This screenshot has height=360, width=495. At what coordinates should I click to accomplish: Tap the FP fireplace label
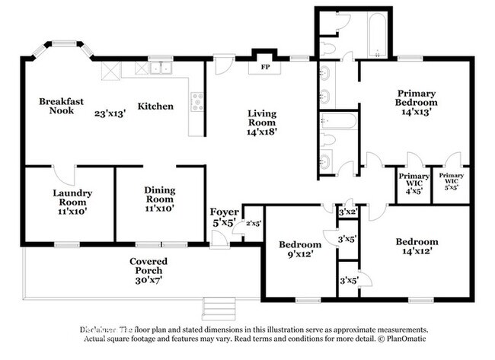pyautogui.click(x=266, y=67)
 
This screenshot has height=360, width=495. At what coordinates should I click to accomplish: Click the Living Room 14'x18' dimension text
pyautogui.click(x=262, y=131)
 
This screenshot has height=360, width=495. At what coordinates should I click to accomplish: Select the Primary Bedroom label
pyautogui.click(x=417, y=97)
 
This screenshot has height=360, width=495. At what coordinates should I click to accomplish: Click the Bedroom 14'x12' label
pyautogui.click(x=417, y=247)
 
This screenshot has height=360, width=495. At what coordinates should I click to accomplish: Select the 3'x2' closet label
pyautogui.click(x=348, y=212)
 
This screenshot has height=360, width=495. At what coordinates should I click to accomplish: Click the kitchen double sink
pyautogui.click(x=160, y=68)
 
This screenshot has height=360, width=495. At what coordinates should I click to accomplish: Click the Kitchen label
pyautogui.click(x=155, y=107)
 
